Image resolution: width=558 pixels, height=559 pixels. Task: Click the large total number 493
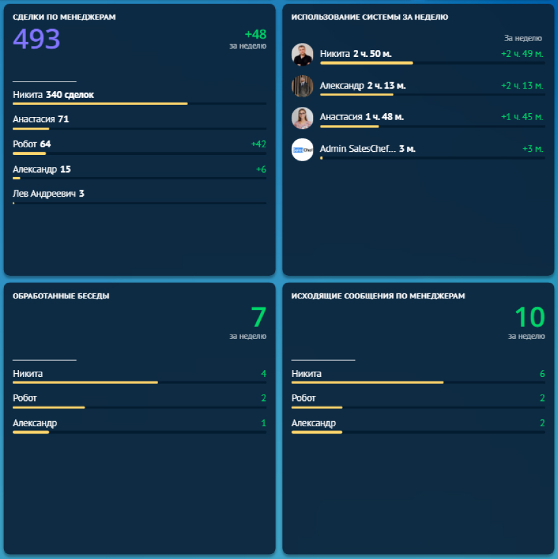37,39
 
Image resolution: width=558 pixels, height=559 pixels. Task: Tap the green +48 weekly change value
256,35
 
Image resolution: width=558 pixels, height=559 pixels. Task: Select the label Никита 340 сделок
53,95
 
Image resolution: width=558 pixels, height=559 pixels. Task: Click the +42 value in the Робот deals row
258,144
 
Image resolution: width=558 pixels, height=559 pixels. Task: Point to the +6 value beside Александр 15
261,169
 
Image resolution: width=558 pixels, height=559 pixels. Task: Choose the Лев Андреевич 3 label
49,193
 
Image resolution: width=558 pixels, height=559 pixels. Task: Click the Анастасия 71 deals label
41,119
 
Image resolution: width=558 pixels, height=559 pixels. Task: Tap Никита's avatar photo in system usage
302,55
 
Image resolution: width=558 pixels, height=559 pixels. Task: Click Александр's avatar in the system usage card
302,86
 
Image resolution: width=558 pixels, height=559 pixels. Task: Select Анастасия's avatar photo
302,118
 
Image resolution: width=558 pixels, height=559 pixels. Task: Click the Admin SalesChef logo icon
302,149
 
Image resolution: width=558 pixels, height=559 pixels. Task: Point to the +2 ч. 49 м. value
522,54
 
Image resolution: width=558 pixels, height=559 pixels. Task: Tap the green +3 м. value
533,149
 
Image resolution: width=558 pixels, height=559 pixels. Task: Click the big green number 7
258,317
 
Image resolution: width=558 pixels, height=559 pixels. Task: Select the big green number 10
529,317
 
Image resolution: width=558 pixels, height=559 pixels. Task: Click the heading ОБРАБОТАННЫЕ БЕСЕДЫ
61,296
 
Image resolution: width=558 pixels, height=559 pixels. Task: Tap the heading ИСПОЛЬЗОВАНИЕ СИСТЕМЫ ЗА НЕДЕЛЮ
369,17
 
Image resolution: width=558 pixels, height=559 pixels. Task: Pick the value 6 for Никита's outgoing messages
542,374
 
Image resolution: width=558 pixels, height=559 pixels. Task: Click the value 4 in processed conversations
264,374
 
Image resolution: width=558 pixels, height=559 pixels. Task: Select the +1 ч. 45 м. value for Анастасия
522,117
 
